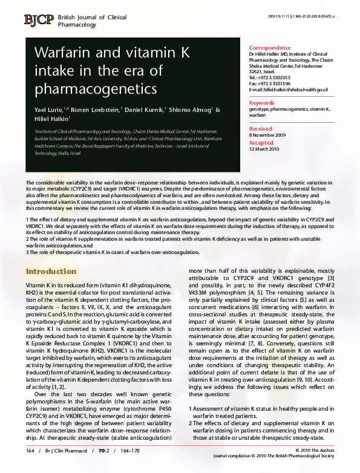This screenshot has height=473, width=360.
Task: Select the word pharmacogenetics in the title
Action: pos(95,90)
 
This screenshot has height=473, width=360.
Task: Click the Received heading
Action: pos(261,129)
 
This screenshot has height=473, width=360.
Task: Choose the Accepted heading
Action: pos(261,143)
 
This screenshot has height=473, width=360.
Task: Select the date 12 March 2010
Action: pos(265,148)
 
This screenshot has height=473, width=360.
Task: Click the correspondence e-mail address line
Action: pos(288,89)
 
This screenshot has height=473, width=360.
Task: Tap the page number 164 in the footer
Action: pos(30,451)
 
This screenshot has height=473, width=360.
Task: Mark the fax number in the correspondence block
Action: pos(269,83)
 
